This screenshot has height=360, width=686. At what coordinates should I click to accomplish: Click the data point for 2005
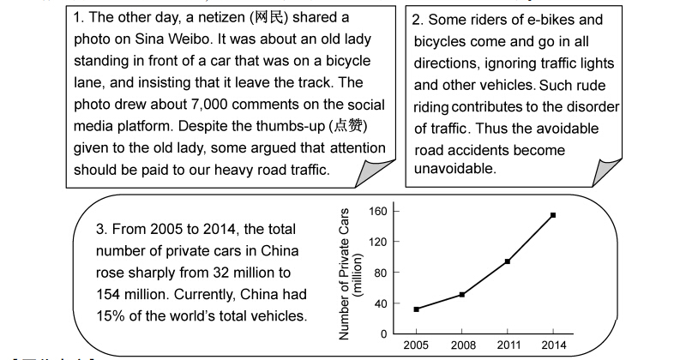tap(417, 309)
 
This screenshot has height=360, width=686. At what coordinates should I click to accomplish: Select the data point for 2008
tap(462, 294)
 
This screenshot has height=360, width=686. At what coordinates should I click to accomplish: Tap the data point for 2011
tap(508, 261)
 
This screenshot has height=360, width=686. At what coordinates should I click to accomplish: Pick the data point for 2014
tap(553, 215)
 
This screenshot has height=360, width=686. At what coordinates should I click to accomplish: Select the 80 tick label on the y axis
tap(381, 273)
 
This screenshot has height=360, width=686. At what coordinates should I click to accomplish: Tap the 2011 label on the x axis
tap(508, 346)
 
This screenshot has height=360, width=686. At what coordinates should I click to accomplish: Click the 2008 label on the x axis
tap(462, 346)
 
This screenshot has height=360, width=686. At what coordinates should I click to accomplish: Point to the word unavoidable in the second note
tap(455, 169)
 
